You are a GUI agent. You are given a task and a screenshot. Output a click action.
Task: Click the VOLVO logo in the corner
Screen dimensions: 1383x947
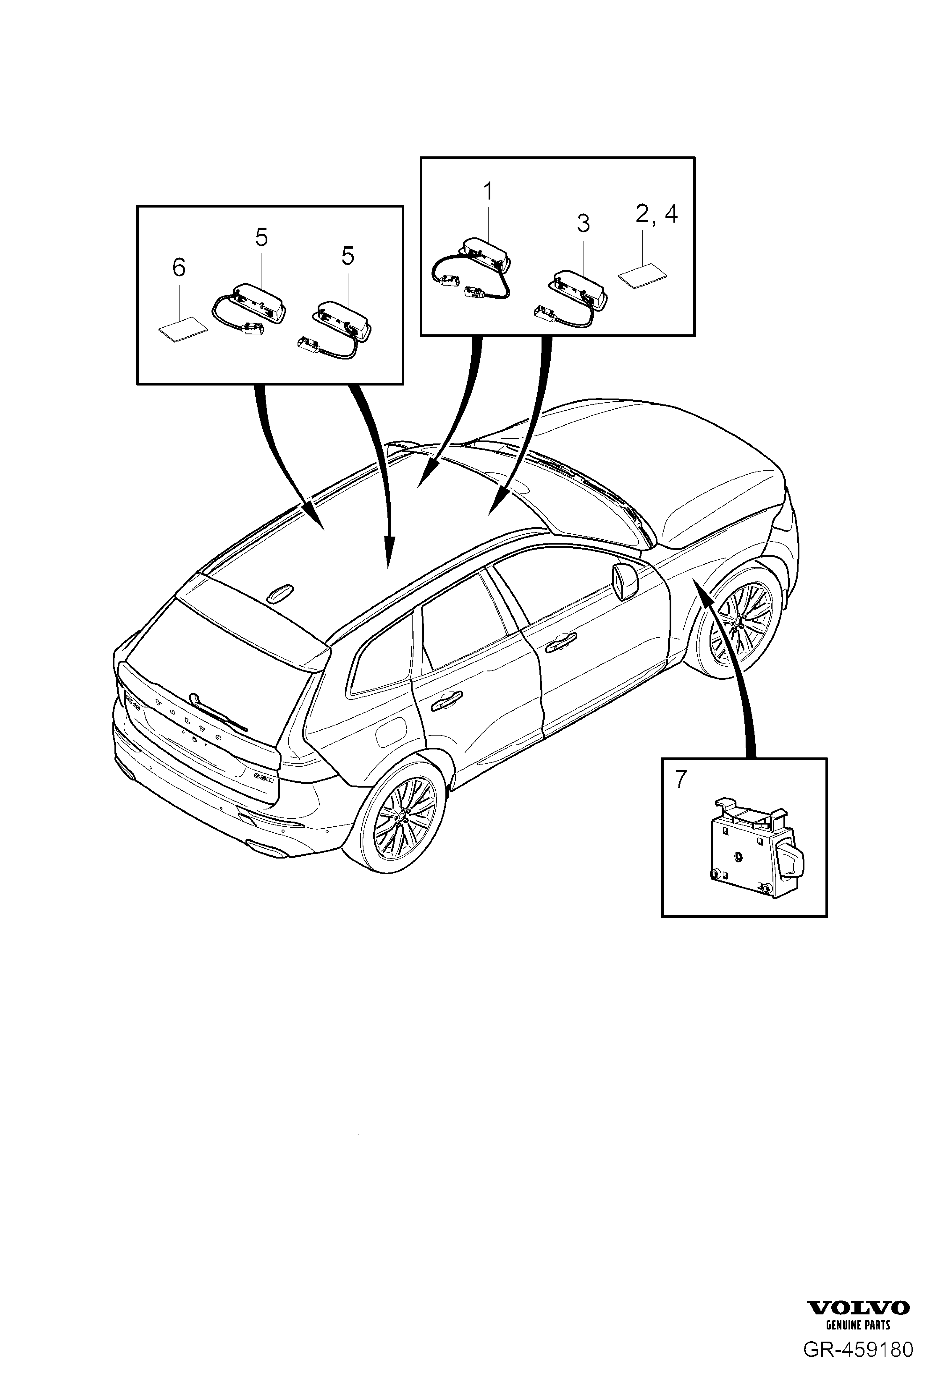858,1337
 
